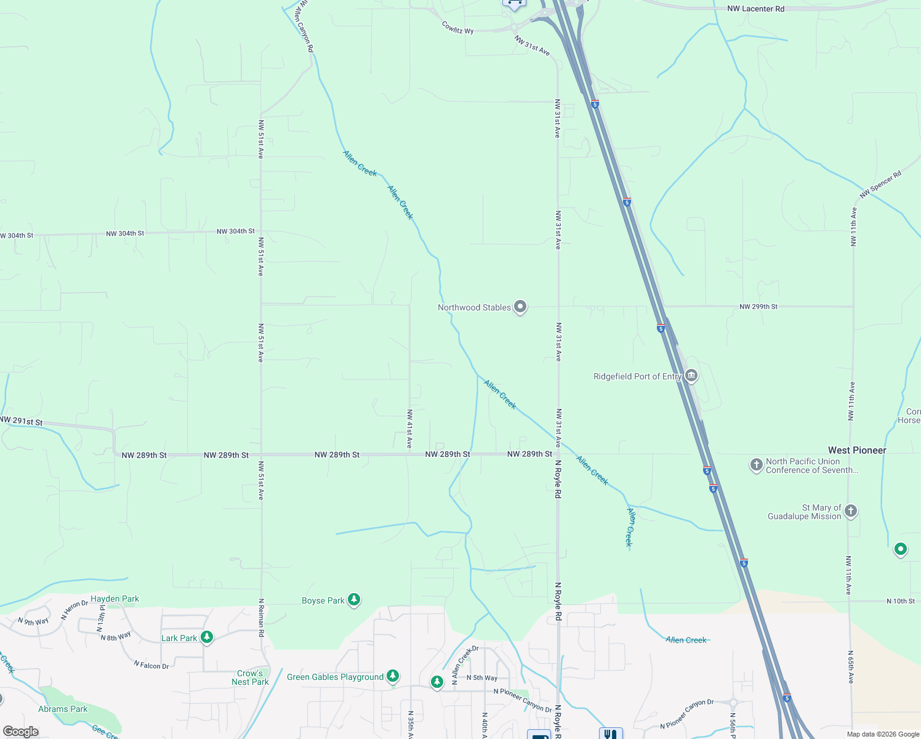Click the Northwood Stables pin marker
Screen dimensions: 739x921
pos(520,306)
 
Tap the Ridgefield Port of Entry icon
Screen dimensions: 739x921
pos(691,375)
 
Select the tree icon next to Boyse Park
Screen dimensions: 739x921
pos(353,599)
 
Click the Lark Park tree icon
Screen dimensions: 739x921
pos(207,637)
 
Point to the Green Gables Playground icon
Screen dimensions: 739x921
pos(393,676)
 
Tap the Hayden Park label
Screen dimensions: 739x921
pos(115,599)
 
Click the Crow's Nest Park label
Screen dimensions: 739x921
pos(250,677)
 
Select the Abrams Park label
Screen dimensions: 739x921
pos(63,709)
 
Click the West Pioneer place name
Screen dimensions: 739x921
pos(857,450)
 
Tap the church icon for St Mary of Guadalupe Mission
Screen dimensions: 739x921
pos(851,511)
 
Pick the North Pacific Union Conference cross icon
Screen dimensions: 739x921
pos(757,464)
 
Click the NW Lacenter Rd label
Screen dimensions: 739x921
pos(755,9)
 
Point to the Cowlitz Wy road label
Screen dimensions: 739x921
pos(457,28)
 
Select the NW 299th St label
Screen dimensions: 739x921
pos(758,306)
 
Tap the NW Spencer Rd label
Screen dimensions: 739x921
pos(880,185)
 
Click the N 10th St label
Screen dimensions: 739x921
pos(900,601)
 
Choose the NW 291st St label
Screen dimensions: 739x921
pos(22,421)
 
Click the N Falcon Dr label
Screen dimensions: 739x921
pos(151,664)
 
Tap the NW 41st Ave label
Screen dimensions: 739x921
pos(409,429)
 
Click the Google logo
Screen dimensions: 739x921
pos(21,732)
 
